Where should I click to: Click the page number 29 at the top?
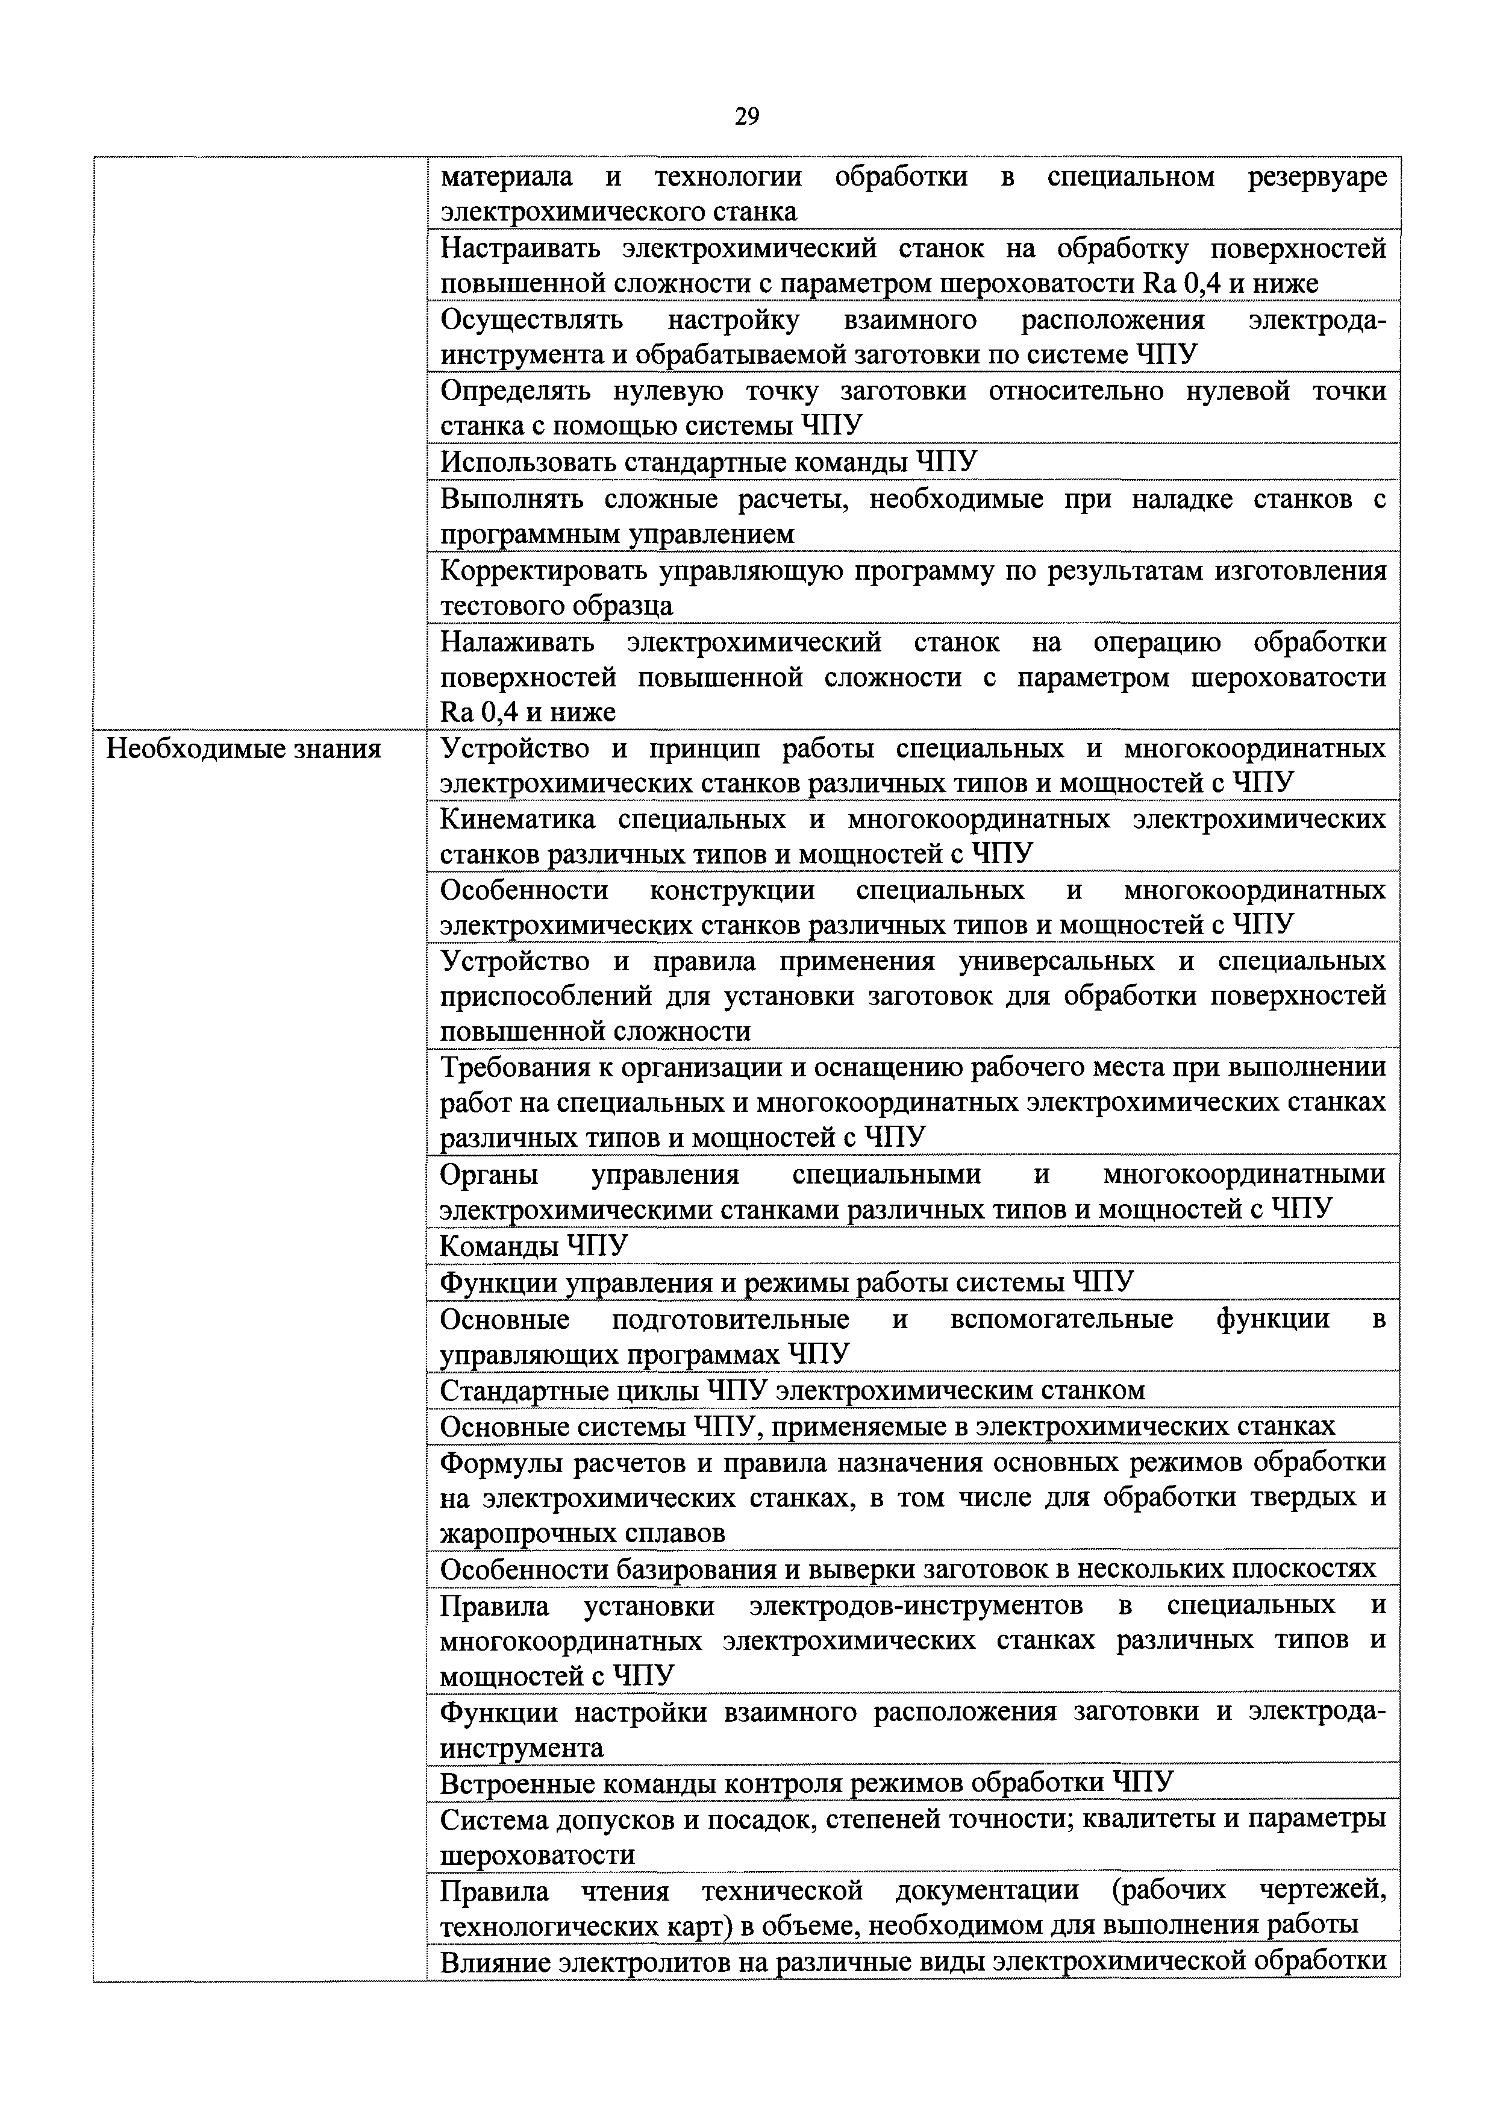(746, 116)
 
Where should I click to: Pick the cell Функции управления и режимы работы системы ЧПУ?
(786, 1282)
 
